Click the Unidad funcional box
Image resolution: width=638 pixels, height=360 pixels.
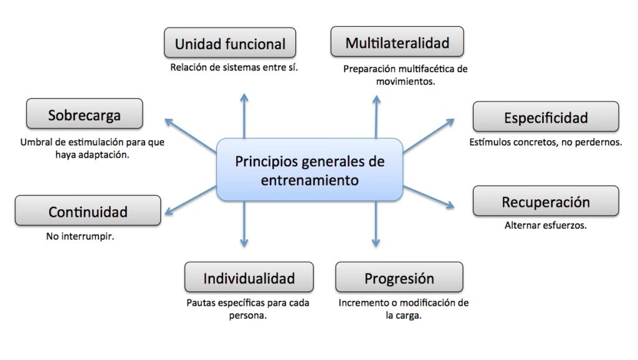pos(230,44)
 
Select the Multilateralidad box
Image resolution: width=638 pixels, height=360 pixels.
pos(397,42)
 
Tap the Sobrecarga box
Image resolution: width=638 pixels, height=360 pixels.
pos(84,115)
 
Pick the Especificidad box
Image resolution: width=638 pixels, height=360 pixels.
pos(546,117)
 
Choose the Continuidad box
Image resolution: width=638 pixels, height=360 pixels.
pos(87,211)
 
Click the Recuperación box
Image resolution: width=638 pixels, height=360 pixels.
pos(546,202)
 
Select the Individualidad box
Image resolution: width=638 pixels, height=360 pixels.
pos(249,278)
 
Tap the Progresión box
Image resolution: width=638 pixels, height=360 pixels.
pos(399,278)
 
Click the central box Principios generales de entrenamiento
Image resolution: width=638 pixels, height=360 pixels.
pos(310,170)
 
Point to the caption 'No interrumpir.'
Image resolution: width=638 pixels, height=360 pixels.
pos(80,237)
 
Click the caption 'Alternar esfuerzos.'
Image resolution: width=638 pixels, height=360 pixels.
pos(545,225)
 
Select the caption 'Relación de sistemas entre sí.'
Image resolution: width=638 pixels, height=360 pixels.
pos(234,67)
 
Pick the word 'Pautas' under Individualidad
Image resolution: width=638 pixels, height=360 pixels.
pos(201,303)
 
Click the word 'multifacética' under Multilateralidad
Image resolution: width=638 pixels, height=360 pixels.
pos(422,69)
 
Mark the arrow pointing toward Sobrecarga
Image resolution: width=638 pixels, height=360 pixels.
pos(189,135)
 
